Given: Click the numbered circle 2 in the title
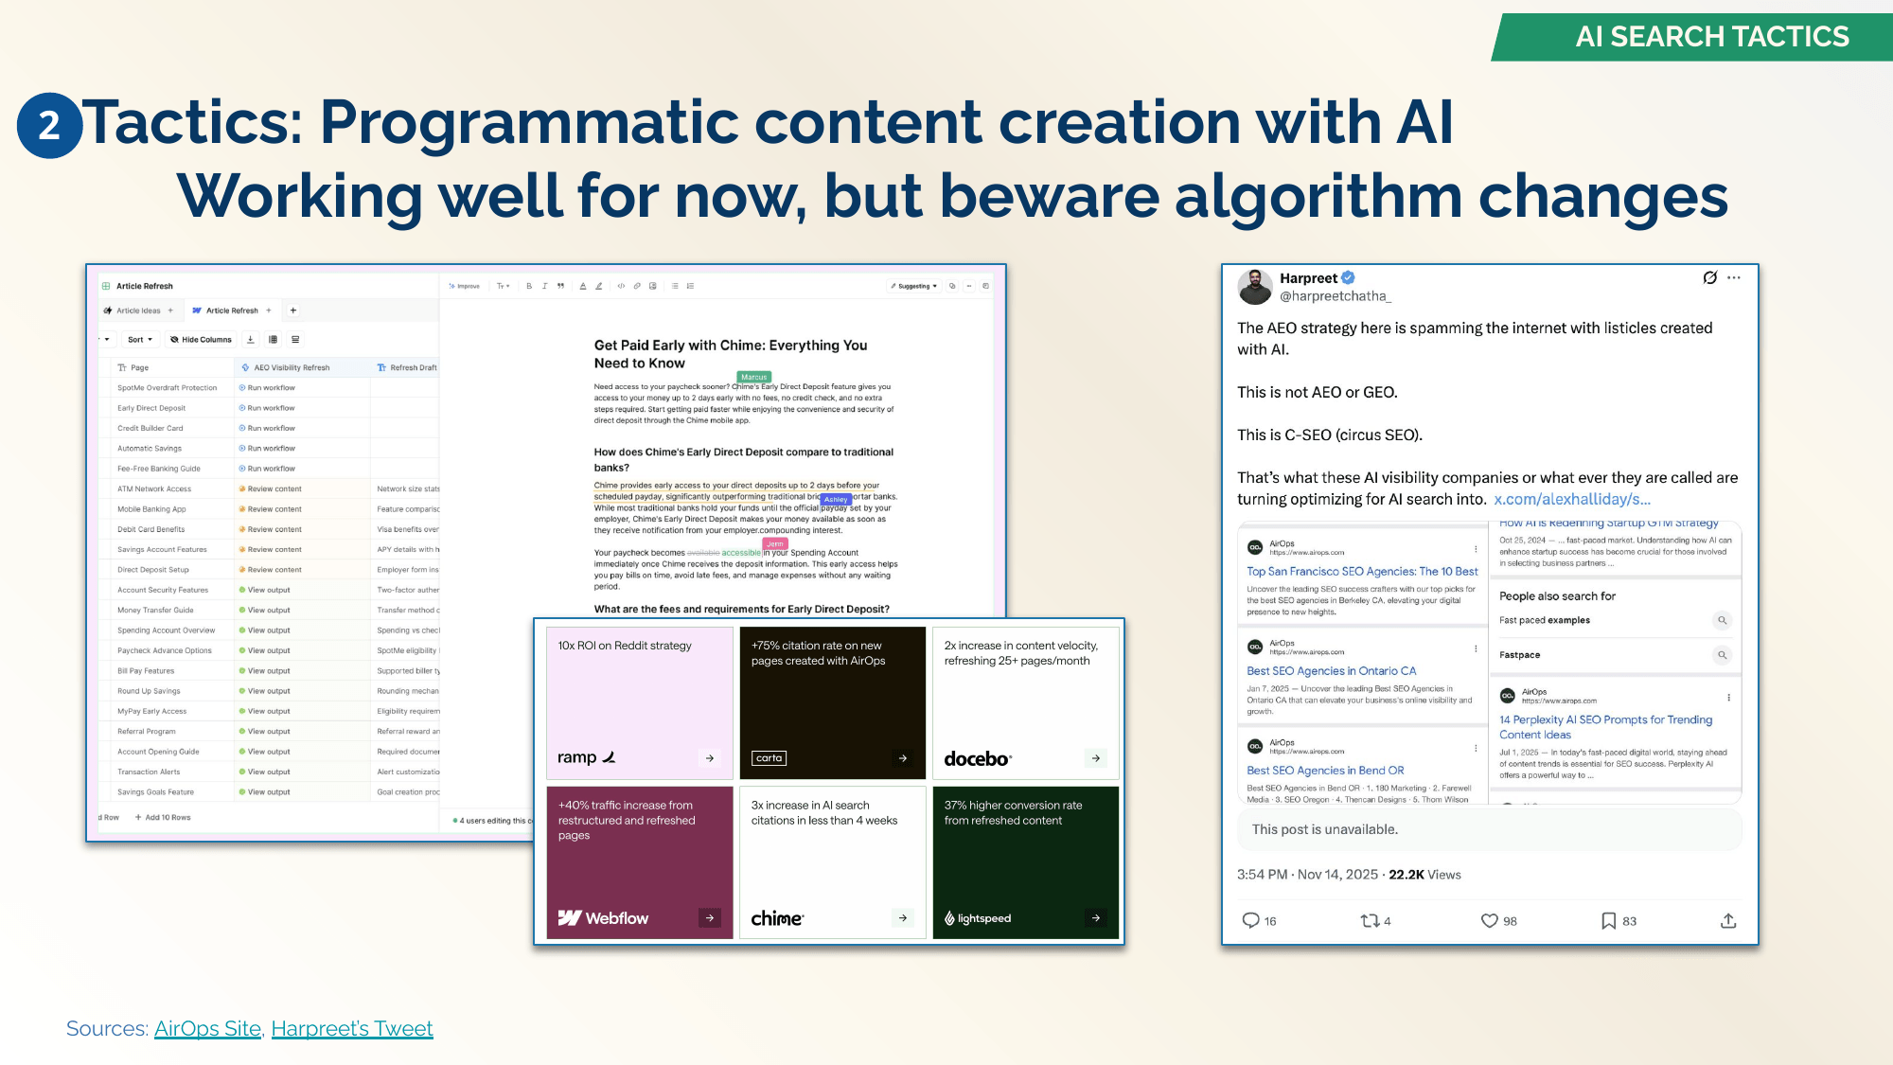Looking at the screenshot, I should pyautogui.click(x=49, y=125).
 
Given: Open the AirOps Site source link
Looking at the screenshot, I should pyautogui.click(x=207, y=1028).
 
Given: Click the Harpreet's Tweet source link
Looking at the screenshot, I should pyautogui.click(x=352, y=1028).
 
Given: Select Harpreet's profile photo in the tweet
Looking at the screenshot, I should pyautogui.click(x=1255, y=286).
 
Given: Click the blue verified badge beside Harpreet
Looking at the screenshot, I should pyautogui.click(x=1349, y=277).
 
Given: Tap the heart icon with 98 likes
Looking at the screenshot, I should pyautogui.click(x=1489, y=920).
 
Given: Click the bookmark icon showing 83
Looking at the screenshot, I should pyautogui.click(x=1608, y=920).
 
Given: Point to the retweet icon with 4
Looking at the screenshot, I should pyautogui.click(x=1369, y=920).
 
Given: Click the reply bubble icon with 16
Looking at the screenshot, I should pyautogui.click(x=1250, y=920).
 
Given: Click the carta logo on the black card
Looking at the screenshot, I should pyautogui.click(x=769, y=757).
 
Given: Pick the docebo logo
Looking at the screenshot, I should pyautogui.click(x=978, y=758).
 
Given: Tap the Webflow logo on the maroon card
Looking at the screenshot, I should pyautogui.click(x=603, y=917).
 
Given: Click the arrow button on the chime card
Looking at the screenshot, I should pyautogui.click(x=903, y=917).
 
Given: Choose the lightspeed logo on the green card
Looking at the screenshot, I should pyautogui.click(x=978, y=917).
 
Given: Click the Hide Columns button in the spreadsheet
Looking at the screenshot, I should pyautogui.click(x=201, y=339).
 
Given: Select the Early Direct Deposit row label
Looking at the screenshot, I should pyautogui.click(x=151, y=408).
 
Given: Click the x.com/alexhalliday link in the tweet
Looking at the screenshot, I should pyautogui.click(x=1571, y=499).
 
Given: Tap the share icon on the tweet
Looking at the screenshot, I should pyautogui.click(x=1728, y=920).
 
